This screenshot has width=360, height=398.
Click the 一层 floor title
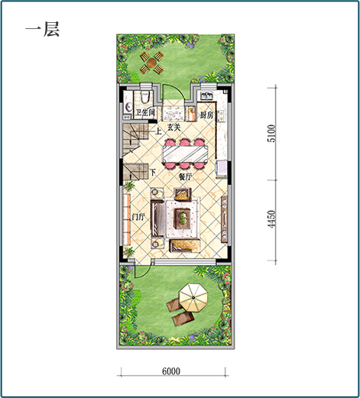pos(42,29)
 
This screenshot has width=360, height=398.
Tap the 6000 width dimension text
pos(171,371)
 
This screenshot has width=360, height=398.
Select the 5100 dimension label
pos(272,134)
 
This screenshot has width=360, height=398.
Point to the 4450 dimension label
pos(272,219)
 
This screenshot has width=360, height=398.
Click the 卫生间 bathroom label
pos(145,112)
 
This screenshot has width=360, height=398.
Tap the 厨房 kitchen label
pos(206,115)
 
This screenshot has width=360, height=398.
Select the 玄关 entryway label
pos(174,127)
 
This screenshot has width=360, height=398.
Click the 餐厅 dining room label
pos(185,176)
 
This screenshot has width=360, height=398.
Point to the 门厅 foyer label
pos(138,217)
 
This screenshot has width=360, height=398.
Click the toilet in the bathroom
pos(145,97)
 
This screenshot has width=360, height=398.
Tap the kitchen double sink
pos(207,95)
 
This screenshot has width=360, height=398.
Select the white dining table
pos(185,154)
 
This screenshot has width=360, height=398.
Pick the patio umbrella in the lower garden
pos(193,297)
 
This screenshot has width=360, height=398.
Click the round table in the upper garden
pos(151,62)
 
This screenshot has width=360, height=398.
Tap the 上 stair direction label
pos(158,131)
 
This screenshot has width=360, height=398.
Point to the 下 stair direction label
pos(153,173)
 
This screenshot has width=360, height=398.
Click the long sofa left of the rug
pos(157,218)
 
